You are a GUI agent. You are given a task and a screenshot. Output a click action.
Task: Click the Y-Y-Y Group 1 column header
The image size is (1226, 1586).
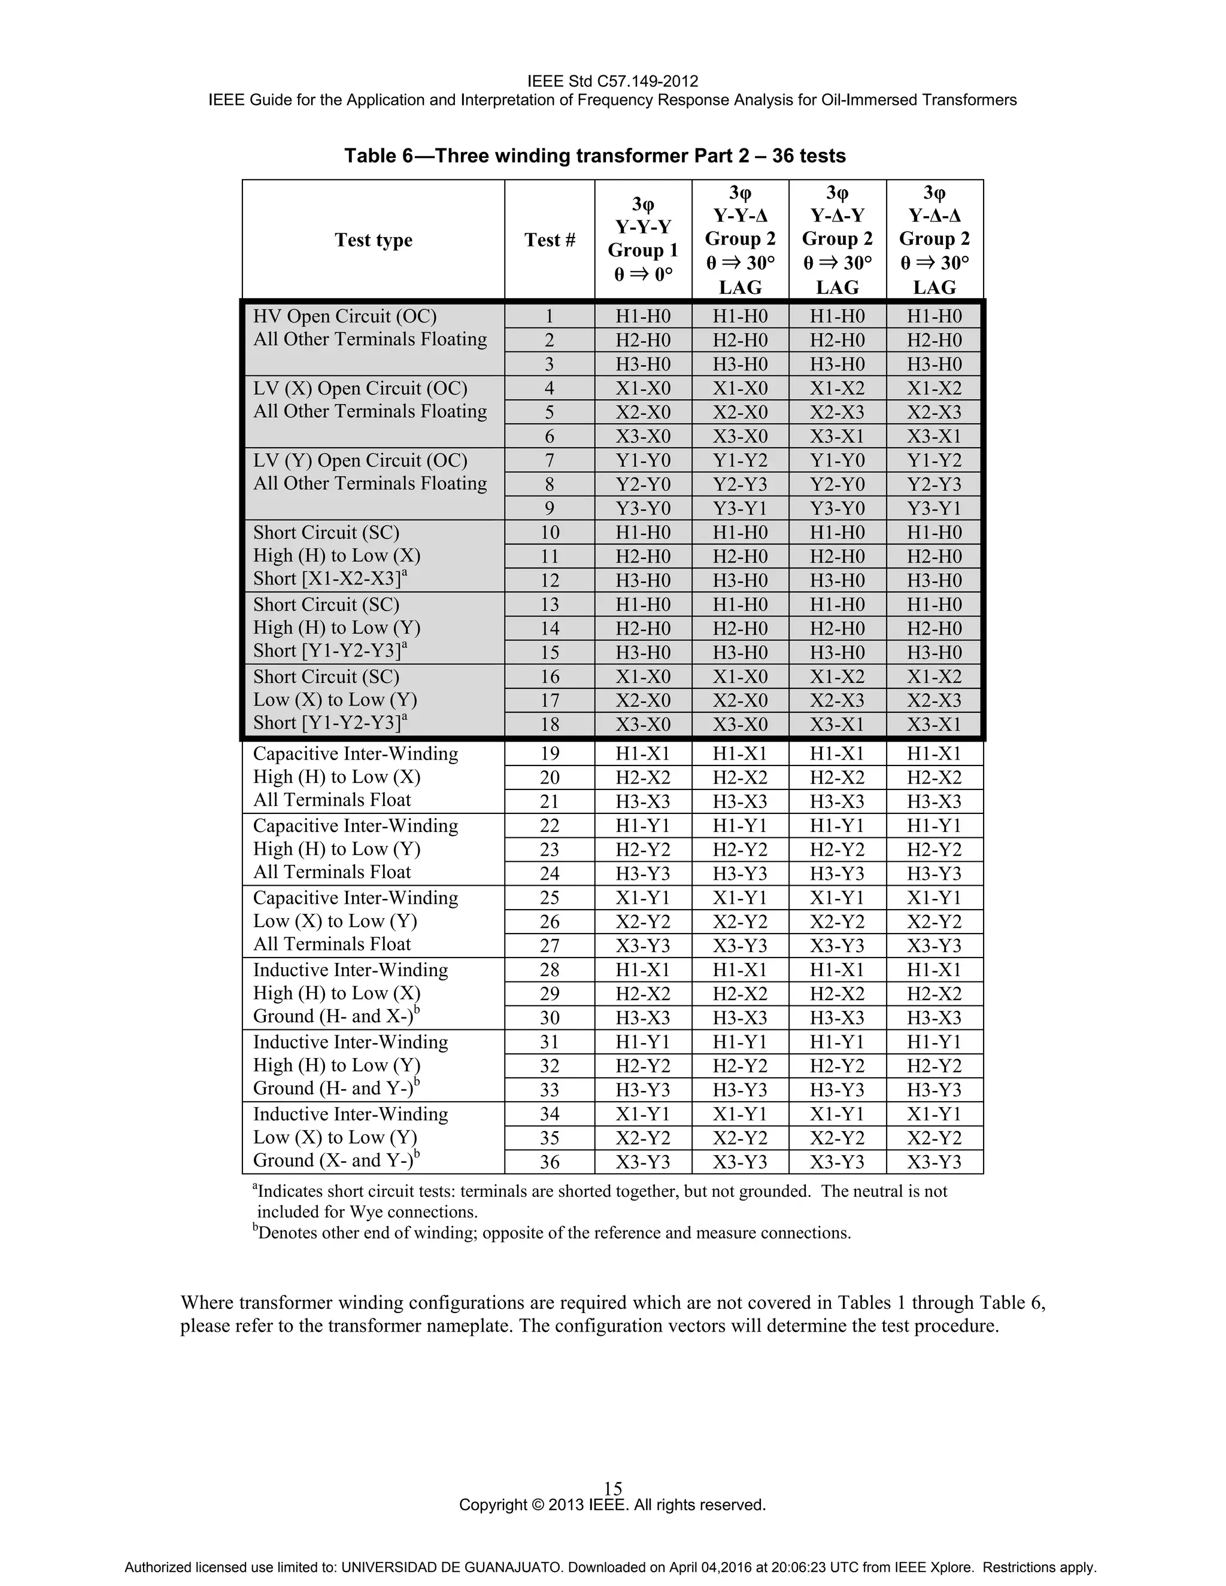coord(643,239)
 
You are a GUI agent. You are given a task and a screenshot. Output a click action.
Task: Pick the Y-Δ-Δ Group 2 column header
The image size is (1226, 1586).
coord(934,239)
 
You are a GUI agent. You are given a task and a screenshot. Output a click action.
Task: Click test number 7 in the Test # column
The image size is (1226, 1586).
coord(550,460)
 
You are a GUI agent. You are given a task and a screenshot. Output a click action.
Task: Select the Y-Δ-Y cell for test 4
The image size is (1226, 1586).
coord(837,388)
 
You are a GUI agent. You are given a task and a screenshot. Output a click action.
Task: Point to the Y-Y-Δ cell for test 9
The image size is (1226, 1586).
coord(740,508)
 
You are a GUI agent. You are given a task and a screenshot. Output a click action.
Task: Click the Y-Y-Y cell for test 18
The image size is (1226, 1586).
coord(643,725)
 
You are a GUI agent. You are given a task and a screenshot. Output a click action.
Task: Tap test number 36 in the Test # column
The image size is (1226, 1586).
coord(550,1162)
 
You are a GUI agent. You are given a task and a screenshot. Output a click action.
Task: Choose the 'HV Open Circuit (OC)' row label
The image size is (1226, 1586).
coord(345,317)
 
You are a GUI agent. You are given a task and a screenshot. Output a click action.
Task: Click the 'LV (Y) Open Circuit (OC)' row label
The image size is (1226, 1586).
coord(360,460)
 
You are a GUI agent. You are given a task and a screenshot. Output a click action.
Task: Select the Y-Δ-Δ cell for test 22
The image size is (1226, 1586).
coord(934,826)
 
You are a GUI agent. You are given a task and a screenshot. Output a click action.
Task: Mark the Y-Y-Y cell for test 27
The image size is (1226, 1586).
coord(643,946)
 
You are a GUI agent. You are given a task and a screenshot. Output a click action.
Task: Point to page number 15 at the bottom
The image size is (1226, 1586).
coord(613,1488)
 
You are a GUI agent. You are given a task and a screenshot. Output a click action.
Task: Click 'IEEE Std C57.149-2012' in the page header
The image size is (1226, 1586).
coord(612,81)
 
